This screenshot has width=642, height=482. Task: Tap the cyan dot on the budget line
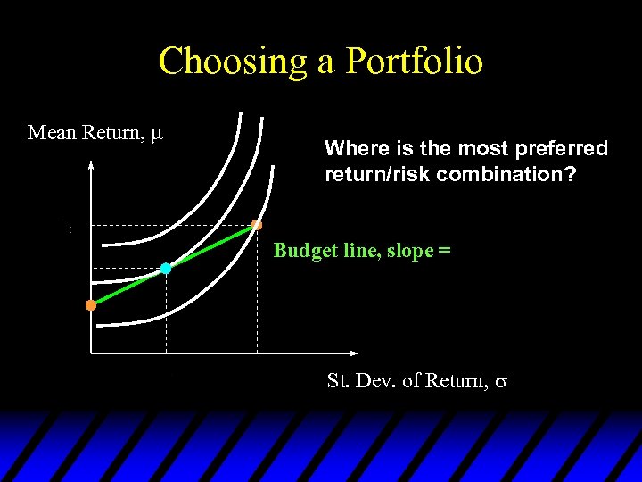pyautogui.click(x=166, y=268)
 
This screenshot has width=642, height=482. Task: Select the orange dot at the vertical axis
pyautogui.click(x=91, y=305)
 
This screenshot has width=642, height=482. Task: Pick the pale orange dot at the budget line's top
pyautogui.click(x=257, y=225)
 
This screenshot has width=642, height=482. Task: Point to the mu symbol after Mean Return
pyautogui.click(x=157, y=134)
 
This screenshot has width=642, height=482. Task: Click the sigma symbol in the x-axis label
pyautogui.click(x=501, y=382)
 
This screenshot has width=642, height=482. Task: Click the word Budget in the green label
pyautogui.click(x=301, y=250)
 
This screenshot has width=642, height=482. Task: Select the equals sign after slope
pyautogui.click(x=444, y=251)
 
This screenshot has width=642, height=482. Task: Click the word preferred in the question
pyautogui.click(x=562, y=148)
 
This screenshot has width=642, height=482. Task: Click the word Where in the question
pyautogui.click(x=351, y=148)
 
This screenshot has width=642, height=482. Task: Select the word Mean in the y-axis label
pyautogui.click(x=52, y=133)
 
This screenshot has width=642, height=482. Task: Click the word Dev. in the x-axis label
pyautogui.click(x=373, y=381)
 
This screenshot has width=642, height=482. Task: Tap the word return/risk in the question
pyautogui.click(x=369, y=174)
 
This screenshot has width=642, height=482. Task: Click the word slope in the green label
pyautogui.click(x=409, y=251)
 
